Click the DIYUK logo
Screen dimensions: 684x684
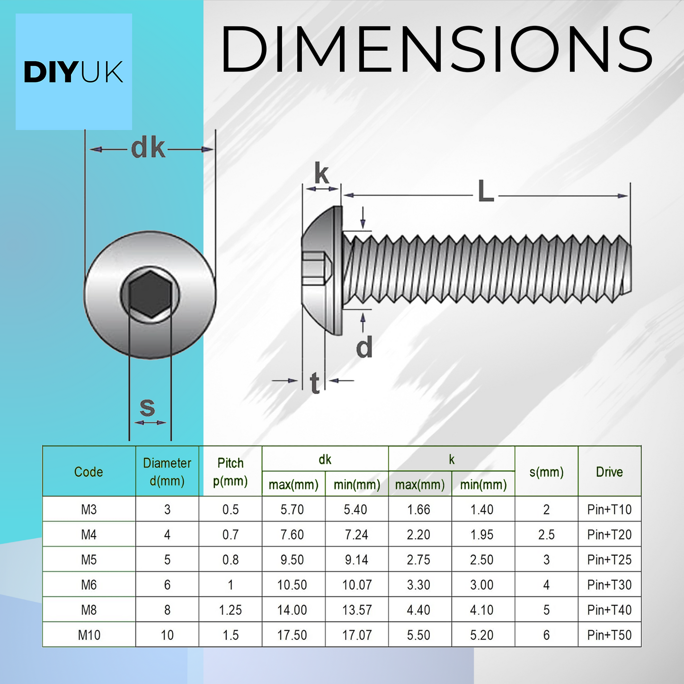(73, 72)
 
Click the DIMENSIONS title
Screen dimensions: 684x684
(436, 50)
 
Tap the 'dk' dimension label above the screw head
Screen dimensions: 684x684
(148, 148)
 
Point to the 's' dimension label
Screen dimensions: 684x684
(147, 407)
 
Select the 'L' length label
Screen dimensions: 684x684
(486, 192)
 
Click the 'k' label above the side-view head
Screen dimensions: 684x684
(321, 174)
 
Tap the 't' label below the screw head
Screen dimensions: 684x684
(315, 383)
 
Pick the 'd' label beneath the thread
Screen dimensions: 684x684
(364, 348)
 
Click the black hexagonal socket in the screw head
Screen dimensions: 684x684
(150, 294)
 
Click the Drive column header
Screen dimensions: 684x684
(609, 471)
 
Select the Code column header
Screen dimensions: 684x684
(89, 471)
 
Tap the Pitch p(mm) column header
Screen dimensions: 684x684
(230, 471)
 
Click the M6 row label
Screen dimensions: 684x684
(89, 585)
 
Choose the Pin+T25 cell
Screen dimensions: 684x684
(609, 560)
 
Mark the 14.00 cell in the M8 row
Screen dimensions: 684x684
(292, 610)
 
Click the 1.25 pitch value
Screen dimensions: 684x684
(230, 610)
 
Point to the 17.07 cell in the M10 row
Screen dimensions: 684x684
(356, 635)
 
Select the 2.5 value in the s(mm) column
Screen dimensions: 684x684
(546, 534)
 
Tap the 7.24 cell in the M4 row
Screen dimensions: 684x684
(356, 534)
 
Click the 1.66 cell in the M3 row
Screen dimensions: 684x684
(418, 509)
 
